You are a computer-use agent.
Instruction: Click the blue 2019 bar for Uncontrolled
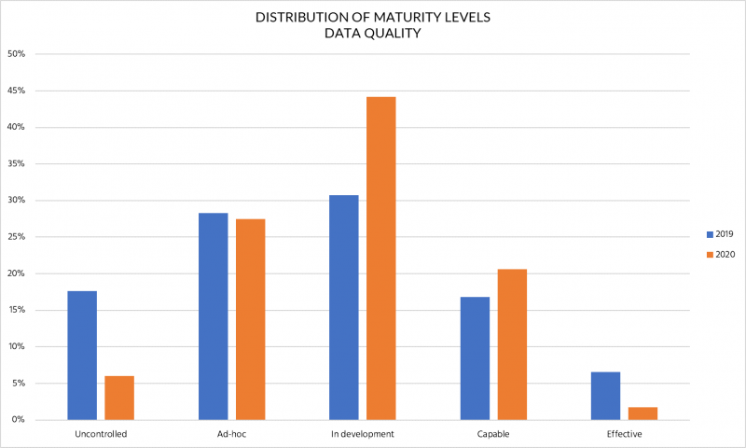(x=82, y=356)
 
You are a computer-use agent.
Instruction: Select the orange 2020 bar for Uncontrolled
(x=119, y=398)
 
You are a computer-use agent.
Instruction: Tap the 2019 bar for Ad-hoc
(x=213, y=316)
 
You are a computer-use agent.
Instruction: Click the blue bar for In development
(x=343, y=307)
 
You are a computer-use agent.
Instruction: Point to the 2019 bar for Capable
(x=475, y=358)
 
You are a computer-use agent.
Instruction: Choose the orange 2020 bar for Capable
(x=512, y=344)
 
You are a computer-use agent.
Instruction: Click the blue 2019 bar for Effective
(x=605, y=396)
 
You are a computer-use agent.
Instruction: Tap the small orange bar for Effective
(x=642, y=413)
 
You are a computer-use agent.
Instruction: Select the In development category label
(x=362, y=435)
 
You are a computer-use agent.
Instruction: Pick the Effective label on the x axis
(x=624, y=435)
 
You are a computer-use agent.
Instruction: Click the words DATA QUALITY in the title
(x=372, y=33)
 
